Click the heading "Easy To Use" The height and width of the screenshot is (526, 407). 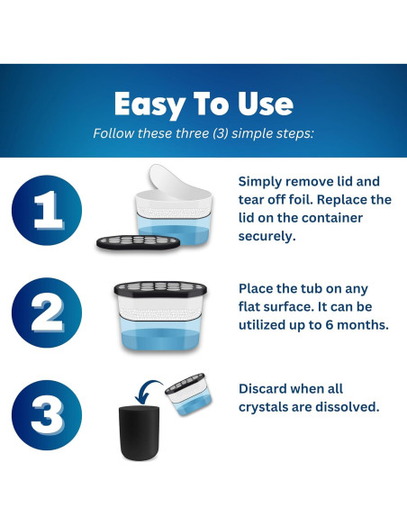click(x=203, y=104)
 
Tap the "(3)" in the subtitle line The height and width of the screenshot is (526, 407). click(x=221, y=133)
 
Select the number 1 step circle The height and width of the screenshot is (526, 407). click(x=47, y=210)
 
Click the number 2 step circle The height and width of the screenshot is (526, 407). click(x=47, y=313)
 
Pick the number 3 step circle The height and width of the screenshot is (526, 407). click(x=47, y=415)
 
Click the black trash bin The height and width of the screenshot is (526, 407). click(x=140, y=432)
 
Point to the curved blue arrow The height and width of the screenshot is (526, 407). click(x=148, y=391)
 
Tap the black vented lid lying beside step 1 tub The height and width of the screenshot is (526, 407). click(x=138, y=241)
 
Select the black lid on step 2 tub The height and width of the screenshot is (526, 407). click(x=160, y=289)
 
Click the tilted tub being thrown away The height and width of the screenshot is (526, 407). click(x=188, y=394)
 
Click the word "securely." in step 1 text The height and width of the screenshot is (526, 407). click(x=267, y=236)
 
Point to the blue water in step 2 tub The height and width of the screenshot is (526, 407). click(x=160, y=339)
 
